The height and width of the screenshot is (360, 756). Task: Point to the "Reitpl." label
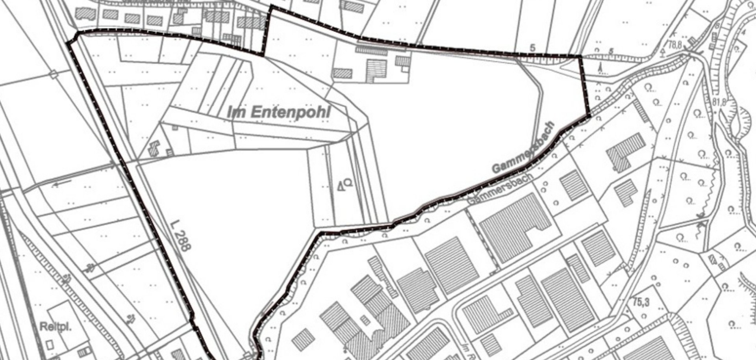click(x=56, y=327)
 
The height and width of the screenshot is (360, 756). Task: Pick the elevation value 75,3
click(x=641, y=302)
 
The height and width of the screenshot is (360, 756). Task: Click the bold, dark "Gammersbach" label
click(x=523, y=148)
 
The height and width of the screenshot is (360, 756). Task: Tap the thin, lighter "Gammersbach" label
click(x=500, y=189)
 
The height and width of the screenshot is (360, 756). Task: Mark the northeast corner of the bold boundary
click(x=580, y=57)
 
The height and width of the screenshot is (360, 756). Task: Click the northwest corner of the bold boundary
click(x=76, y=35)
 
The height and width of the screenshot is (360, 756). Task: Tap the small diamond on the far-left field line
click(x=54, y=74)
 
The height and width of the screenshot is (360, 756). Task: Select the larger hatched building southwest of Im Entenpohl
click(x=154, y=148)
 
